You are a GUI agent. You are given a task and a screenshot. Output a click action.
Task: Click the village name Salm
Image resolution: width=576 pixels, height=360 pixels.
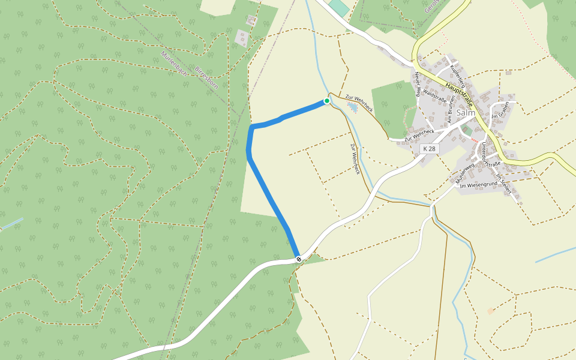(466, 112)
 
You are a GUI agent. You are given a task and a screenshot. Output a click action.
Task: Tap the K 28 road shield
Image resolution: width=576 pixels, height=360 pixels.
(428, 148)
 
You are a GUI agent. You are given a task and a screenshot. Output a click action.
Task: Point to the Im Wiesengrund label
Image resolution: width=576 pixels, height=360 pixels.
(478, 186)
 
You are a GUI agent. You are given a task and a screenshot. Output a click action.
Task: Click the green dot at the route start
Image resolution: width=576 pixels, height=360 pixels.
(326, 101)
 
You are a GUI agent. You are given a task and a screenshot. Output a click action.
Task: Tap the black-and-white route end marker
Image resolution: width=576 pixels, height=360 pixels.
(298, 259)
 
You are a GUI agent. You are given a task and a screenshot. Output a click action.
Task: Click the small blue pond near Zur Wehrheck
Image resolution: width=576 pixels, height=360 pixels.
(352, 107)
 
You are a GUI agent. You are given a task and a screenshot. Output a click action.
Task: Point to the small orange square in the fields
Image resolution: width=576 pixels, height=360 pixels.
(491, 311)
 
